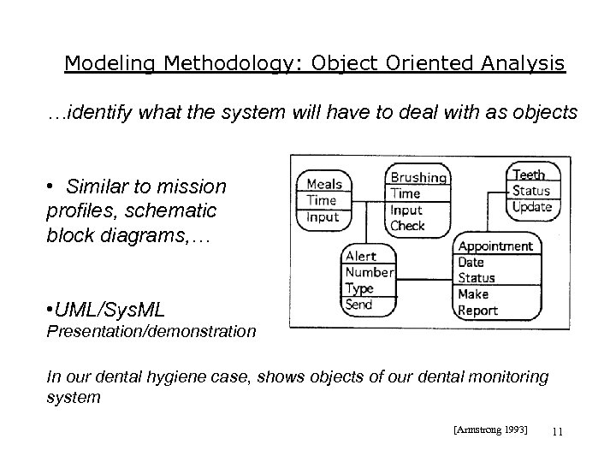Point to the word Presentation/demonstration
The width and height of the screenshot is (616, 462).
click(x=151, y=330)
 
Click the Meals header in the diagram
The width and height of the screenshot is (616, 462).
click(x=324, y=184)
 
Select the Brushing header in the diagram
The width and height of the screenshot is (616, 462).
click(x=418, y=178)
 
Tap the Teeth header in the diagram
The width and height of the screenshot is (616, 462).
click(x=529, y=175)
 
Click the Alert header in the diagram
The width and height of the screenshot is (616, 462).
click(x=360, y=256)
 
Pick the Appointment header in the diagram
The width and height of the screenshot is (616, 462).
click(x=495, y=246)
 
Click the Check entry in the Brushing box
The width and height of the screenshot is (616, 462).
click(x=407, y=226)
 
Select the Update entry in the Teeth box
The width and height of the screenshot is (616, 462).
click(x=532, y=207)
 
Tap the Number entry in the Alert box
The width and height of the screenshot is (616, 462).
click(x=370, y=272)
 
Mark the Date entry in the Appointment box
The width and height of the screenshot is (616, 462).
click(x=471, y=263)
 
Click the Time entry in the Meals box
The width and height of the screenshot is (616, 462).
click(x=322, y=200)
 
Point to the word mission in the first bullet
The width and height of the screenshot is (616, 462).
click(x=195, y=187)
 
